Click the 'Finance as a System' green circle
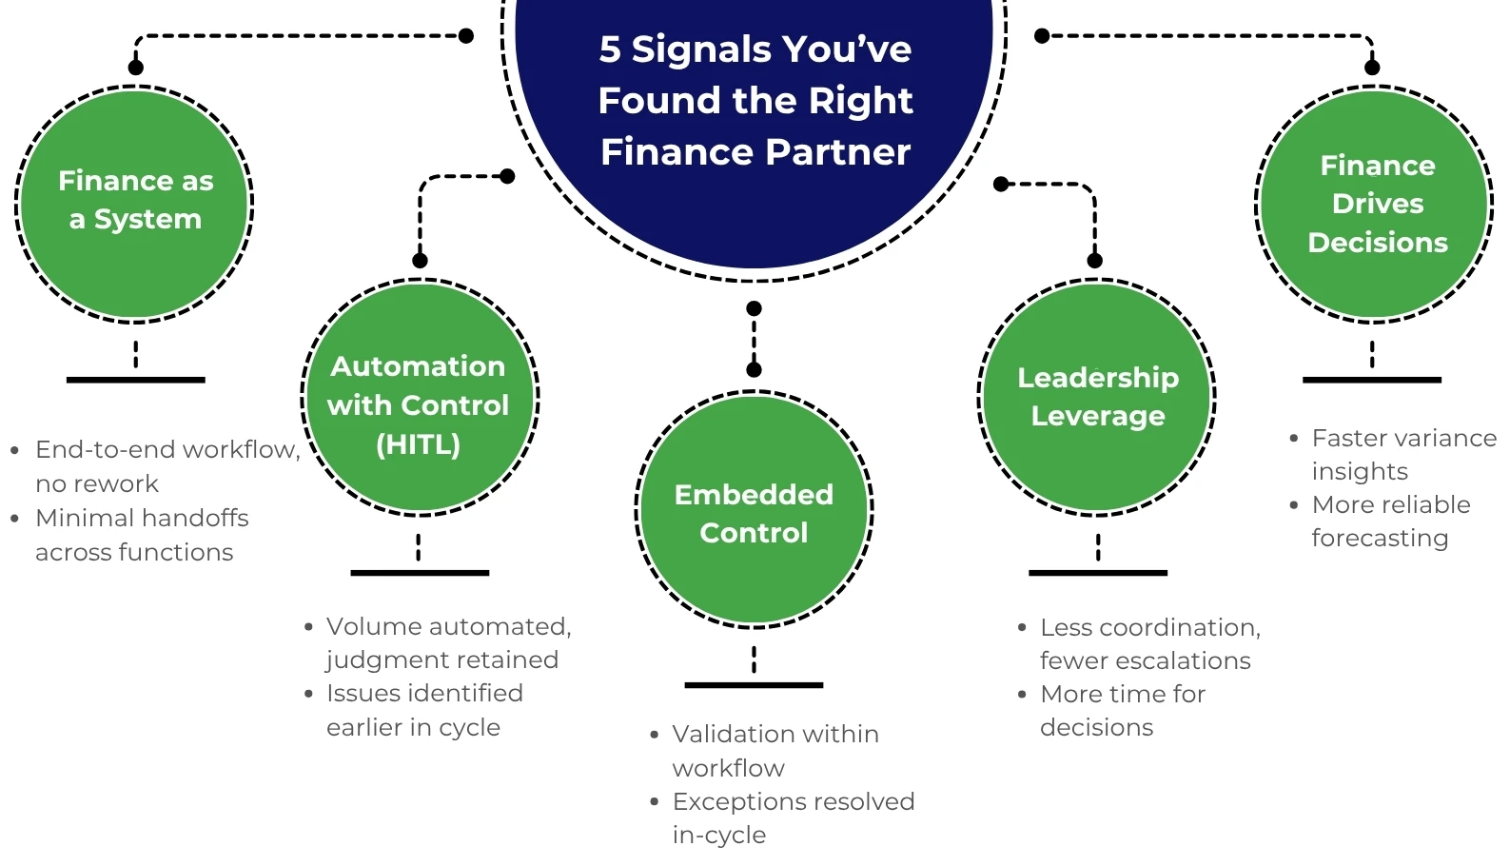point(135,203)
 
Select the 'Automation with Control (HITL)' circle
point(420,398)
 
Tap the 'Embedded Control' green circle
point(754,509)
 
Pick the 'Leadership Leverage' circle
point(1097,398)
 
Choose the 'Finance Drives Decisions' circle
point(1375,203)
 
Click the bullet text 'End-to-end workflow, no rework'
point(162,465)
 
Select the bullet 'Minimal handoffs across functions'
point(143,535)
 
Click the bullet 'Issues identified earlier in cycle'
point(423,710)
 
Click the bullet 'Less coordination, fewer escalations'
point(1148,643)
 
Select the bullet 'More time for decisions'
point(1123,710)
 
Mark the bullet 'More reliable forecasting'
point(1389,521)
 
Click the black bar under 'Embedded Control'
point(754,685)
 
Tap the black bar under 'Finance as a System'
point(135,380)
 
